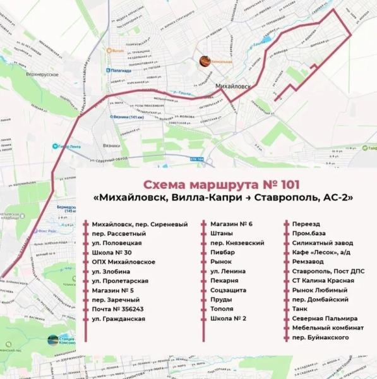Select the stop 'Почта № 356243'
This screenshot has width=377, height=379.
(117, 309)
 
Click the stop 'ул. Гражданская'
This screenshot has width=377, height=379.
(118, 318)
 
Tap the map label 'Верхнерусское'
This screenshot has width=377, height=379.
(42, 74)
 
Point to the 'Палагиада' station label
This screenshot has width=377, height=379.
(126, 71)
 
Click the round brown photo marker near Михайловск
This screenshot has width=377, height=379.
(205, 61)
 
